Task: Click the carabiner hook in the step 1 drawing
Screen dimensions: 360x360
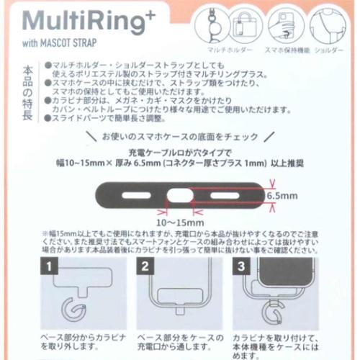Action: pos(69,312)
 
